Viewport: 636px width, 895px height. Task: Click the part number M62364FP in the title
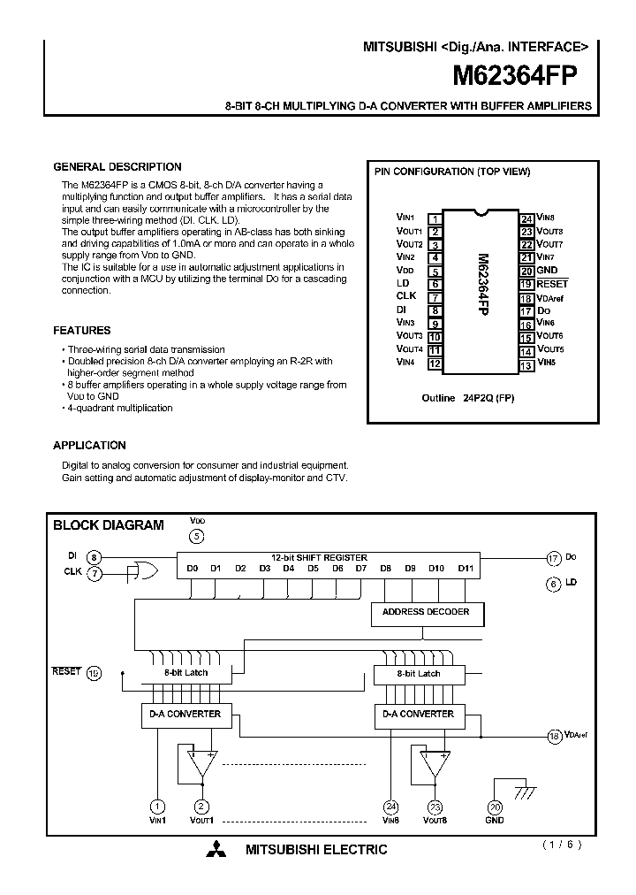point(515,76)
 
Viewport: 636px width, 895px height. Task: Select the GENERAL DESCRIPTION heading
point(117,166)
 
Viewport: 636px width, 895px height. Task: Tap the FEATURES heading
point(82,331)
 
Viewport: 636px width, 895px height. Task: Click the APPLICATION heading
point(89,446)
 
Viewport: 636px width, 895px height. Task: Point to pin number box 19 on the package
point(526,284)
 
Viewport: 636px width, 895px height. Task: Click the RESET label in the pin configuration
point(552,284)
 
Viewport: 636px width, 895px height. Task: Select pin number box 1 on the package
point(435,218)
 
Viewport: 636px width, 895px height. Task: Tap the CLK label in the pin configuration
point(405,296)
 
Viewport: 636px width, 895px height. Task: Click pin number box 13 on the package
point(526,363)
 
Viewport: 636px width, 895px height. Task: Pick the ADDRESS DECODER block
point(426,612)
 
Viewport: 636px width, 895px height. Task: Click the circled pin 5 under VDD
point(197,536)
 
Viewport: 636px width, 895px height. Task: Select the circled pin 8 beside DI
point(95,556)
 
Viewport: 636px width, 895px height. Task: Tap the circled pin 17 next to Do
point(554,557)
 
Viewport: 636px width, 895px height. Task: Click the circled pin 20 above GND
point(495,806)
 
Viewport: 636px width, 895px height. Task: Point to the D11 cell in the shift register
point(466,569)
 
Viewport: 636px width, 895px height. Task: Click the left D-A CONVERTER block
point(181,715)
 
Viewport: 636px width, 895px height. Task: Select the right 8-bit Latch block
point(419,674)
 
